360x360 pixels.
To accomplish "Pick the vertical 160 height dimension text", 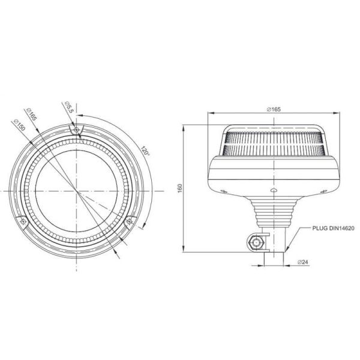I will tap(180, 188).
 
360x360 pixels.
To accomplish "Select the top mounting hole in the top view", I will tap(76, 130).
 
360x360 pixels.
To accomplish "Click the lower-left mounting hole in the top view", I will tap(23, 221).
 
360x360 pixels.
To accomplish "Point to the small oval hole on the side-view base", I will tap(273, 190).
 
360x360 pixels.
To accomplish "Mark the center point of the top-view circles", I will tap(76, 191).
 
